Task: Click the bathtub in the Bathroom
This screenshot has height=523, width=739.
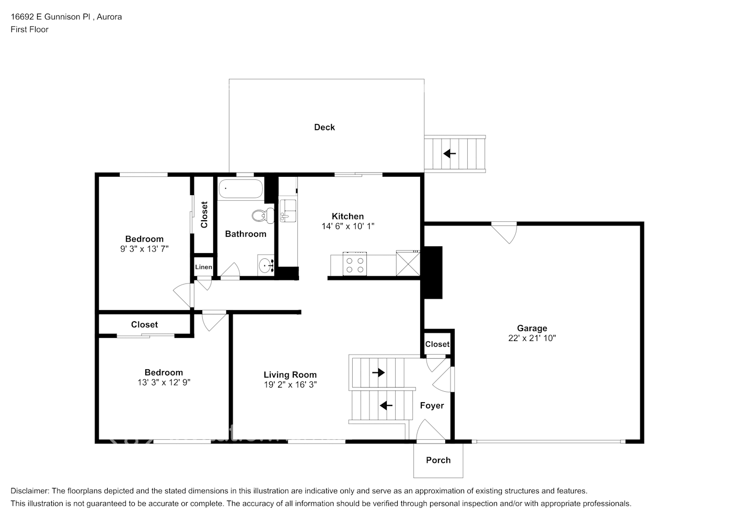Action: point(240,189)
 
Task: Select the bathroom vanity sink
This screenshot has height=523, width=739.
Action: point(267,265)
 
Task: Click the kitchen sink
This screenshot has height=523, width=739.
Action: point(287,210)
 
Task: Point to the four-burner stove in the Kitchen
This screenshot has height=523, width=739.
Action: point(355,264)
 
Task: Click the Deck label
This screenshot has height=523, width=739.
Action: point(324,127)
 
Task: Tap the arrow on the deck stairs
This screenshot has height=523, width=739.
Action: point(449,154)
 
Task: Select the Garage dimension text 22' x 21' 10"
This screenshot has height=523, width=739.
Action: point(532,338)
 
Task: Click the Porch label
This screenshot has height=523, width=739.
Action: point(438,460)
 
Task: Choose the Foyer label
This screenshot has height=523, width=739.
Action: point(432,405)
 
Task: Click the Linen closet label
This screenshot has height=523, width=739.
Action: point(203,267)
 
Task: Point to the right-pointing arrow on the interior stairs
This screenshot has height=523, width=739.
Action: point(378,373)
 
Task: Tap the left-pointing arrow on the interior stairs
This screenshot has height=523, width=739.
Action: point(386,405)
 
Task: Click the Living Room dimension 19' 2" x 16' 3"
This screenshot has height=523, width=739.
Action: point(290,384)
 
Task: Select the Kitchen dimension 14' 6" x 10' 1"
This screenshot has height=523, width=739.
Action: point(348,226)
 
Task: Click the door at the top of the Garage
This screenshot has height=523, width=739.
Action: point(504,231)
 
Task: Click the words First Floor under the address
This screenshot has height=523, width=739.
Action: point(29,29)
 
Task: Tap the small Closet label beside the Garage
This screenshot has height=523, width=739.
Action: point(437,344)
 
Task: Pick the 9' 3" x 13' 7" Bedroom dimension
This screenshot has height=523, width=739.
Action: point(144,249)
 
